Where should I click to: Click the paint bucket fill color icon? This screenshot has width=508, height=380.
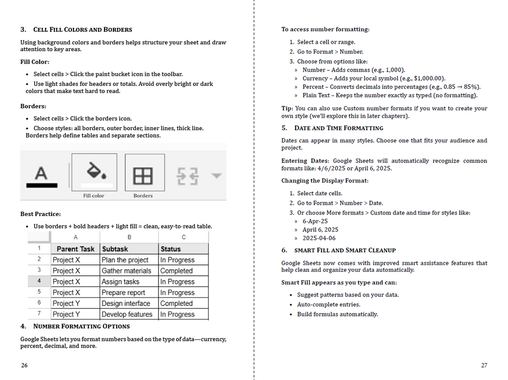click(x=94, y=172)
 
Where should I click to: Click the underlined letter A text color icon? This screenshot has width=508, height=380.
click(x=42, y=176)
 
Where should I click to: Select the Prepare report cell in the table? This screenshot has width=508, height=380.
click(x=124, y=293)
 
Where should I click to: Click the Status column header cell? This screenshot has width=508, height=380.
click(x=171, y=249)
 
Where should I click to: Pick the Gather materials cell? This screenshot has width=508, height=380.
click(x=126, y=271)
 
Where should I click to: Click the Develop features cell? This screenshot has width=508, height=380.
click(x=127, y=314)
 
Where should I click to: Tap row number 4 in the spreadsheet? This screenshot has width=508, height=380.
click(x=39, y=281)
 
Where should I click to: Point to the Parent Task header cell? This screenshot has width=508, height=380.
click(x=75, y=249)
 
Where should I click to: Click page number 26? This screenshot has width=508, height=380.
click(x=24, y=366)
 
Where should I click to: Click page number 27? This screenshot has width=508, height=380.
click(x=484, y=366)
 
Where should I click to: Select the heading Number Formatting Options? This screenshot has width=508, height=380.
click(x=81, y=326)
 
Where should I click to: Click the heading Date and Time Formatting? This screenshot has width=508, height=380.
click(x=338, y=128)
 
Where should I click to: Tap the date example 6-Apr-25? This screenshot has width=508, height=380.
click(x=315, y=222)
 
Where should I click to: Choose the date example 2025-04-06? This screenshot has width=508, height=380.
click(x=319, y=238)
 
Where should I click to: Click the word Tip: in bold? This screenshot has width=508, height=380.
click(x=287, y=108)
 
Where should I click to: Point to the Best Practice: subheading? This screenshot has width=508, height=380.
click(x=41, y=214)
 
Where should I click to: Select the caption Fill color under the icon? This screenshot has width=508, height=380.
click(x=94, y=196)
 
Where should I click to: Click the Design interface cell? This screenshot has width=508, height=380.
click(x=126, y=304)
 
